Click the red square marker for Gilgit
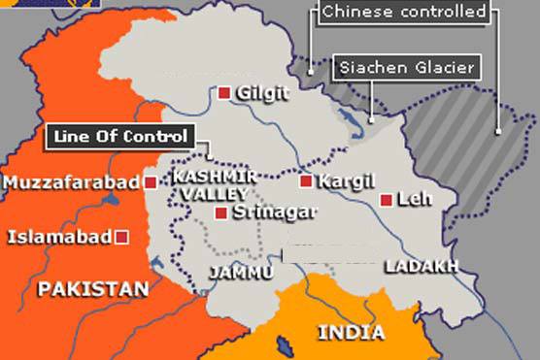tap(224, 93)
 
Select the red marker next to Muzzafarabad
tap(151, 181)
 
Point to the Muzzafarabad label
tap(73, 182)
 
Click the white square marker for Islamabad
tap(121, 236)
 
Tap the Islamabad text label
tap(60, 236)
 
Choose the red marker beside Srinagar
tap(222, 213)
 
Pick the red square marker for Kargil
tap(305, 180)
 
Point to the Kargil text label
tap(339, 180)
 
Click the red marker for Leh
tap(387, 200)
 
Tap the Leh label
tap(415, 200)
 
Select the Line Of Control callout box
tap(120, 136)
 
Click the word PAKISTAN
tap(92, 288)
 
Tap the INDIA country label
tap(351, 333)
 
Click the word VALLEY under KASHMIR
tap(199, 194)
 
